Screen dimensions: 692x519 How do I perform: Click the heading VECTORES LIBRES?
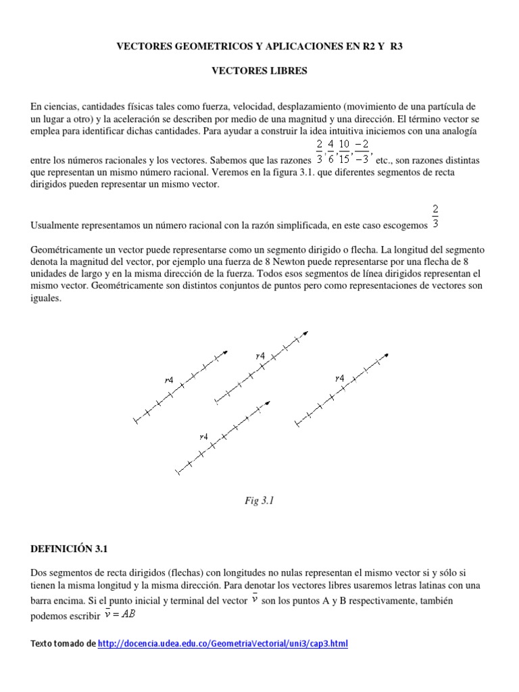coord(259,70)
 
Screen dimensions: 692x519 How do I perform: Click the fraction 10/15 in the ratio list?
coord(344,153)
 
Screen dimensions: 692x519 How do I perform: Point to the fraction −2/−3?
coord(363,153)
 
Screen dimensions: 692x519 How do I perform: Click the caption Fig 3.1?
coord(259,501)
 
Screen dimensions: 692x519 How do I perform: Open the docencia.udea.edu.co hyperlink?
coord(222,644)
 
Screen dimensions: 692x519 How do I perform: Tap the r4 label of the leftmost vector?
coord(168,380)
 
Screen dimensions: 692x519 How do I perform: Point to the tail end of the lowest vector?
coord(177,472)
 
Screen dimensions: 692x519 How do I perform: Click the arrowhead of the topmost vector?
coord(307,332)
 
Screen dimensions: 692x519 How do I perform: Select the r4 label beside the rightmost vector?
coord(339,378)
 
